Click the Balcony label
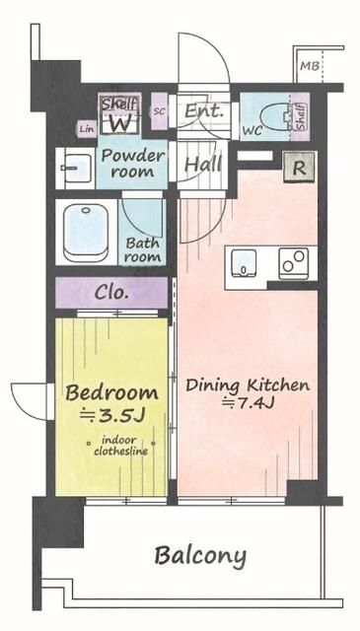200,557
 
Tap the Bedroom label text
111,392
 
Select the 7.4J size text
249,403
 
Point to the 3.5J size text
111,415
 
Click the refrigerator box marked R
299,168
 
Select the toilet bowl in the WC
274,117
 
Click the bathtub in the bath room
86,233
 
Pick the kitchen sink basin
244,262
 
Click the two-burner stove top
294,261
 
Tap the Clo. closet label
111,293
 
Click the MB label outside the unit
310,66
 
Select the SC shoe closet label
160,111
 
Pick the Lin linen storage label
87,129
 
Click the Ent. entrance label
204,110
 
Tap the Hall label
203,165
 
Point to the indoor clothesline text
120,446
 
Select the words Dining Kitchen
248,386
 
